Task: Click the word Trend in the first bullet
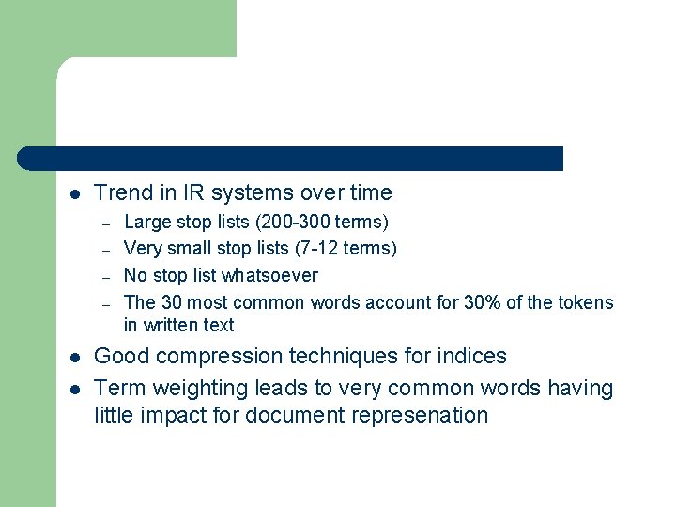(x=122, y=193)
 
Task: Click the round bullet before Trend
(x=75, y=194)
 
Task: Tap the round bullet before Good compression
(x=75, y=358)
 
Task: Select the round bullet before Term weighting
(x=75, y=389)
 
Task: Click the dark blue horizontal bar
(x=291, y=159)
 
